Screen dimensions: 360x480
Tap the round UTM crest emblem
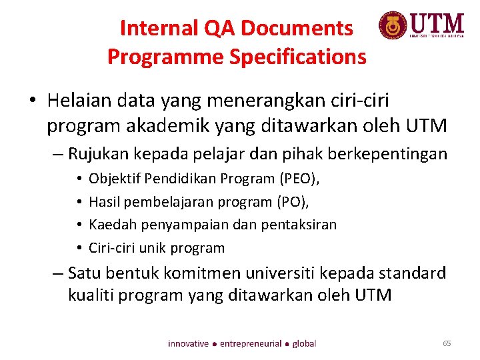tap(392, 26)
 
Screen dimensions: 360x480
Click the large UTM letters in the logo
tap(437, 25)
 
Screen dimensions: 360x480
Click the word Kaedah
tap(110, 225)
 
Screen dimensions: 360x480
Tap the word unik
tap(153, 248)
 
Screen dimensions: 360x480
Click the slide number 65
tap(447, 343)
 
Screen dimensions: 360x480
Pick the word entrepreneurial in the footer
tap(251, 343)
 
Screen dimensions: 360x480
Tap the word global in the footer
tap(304, 343)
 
